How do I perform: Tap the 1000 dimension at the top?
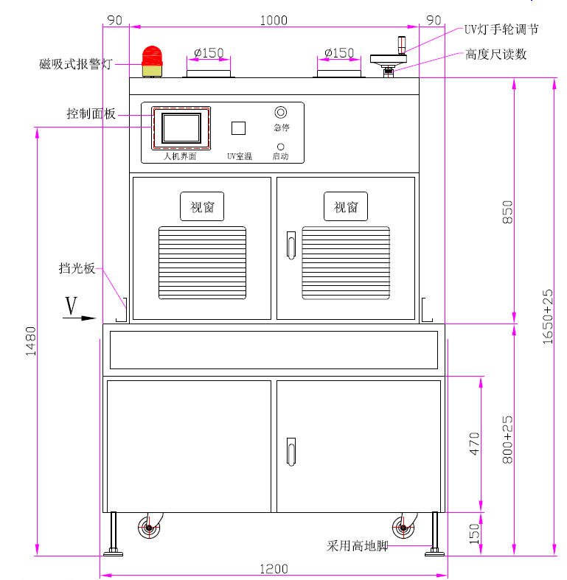click(x=274, y=21)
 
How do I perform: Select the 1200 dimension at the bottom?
click(x=274, y=569)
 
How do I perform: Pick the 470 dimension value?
click(x=475, y=444)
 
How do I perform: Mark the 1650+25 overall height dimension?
click(x=547, y=317)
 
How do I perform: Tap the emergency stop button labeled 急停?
click(x=280, y=113)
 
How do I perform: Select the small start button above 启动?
click(x=280, y=147)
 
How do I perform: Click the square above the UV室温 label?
click(x=238, y=127)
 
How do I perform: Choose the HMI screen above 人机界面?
click(x=181, y=128)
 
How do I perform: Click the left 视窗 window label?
click(x=202, y=207)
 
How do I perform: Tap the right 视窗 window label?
click(x=346, y=207)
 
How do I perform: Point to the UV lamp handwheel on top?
click(x=389, y=59)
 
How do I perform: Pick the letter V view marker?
click(x=72, y=305)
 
